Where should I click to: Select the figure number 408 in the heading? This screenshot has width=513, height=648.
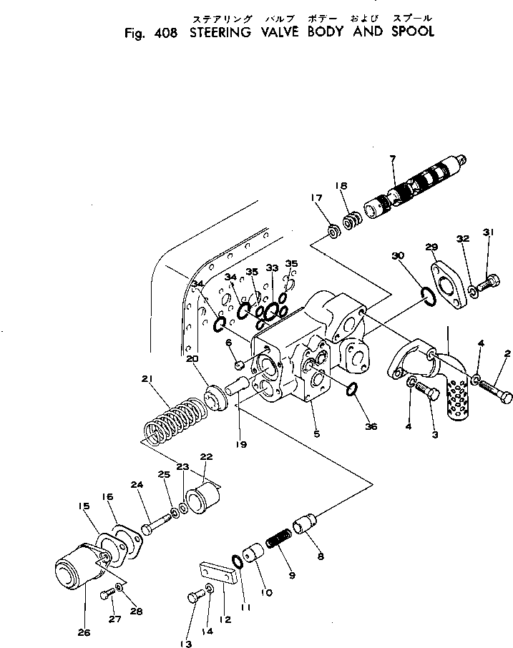[166, 32]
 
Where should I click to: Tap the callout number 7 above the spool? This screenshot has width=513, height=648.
[393, 158]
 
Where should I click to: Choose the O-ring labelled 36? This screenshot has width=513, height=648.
[351, 390]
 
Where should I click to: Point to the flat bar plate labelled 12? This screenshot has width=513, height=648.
[218, 572]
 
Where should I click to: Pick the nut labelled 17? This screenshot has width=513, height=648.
[333, 231]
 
